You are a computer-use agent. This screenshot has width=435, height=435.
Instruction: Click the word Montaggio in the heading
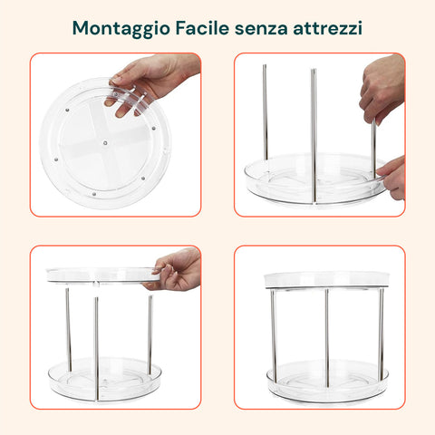pyautogui.click(x=121, y=29)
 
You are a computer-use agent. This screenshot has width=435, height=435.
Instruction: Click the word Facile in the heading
pyautogui.click(x=202, y=28)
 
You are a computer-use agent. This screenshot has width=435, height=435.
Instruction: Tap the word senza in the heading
pyautogui.click(x=261, y=30)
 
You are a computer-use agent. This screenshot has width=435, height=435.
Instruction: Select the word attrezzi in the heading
pyautogui.click(x=327, y=29)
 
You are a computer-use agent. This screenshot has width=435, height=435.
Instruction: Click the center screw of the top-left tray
pyautogui.click(x=105, y=142)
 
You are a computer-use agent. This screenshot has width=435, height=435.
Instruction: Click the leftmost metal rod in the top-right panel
pyautogui.click(x=265, y=112)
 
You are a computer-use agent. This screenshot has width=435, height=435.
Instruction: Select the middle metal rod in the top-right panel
pyautogui.click(x=314, y=136)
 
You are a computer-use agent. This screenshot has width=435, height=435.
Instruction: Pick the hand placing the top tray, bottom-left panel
pyautogui.click(x=175, y=270)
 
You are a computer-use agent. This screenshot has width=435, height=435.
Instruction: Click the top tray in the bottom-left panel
pyautogui.click(x=103, y=275)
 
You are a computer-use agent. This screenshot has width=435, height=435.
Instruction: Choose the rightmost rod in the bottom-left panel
pyautogui.click(x=150, y=334)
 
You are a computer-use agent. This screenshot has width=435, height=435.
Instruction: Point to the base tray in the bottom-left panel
pyautogui.click(x=104, y=380)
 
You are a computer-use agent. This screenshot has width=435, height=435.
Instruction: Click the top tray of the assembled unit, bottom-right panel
pyautogui.click(x=326, y=280)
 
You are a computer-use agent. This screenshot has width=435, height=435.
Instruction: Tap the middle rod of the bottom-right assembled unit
pyautogui.click(x=326, y=338)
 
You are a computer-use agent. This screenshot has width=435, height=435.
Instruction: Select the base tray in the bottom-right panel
pyautogui.click(x=327, y=382)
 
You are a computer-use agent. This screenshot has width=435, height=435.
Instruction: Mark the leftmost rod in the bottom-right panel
pyautogui.click(x=274, y=335)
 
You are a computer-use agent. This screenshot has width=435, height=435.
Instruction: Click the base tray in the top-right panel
pyautogui.click(x=315, y=179)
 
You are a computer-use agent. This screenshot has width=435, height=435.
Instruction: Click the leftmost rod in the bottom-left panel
pyautogui.click(x=69, y=329)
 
